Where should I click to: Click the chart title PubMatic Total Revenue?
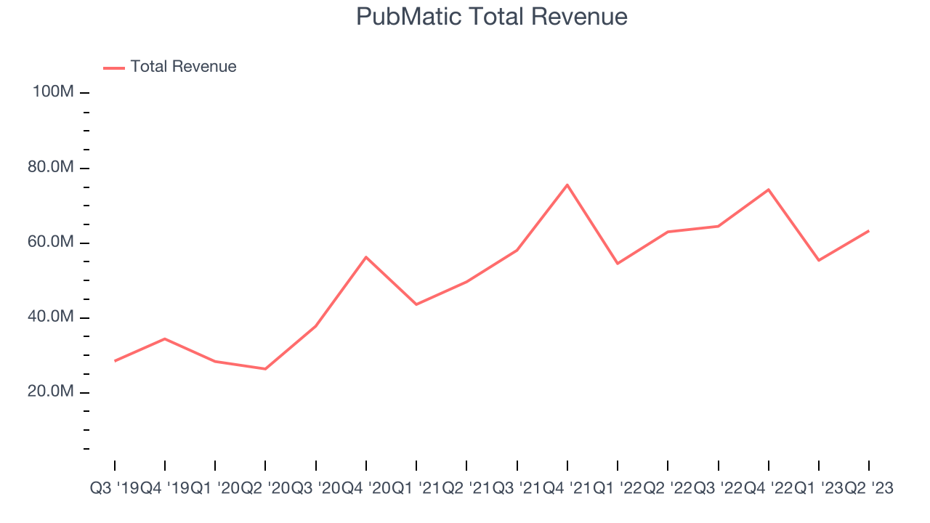(491, 17)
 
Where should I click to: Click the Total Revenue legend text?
(183, 67)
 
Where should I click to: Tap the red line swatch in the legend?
(114, 68)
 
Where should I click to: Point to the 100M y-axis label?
(52, 92)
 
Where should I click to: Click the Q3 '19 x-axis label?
(115, 489)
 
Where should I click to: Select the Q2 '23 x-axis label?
(869, 489)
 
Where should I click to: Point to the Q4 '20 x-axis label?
(366, 489)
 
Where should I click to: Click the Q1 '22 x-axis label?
(618, 489)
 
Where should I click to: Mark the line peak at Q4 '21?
(567, 185)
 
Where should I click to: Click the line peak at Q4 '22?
(768, 190)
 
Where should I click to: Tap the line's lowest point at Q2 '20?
(265, 369)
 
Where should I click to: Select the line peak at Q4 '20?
(366, 257)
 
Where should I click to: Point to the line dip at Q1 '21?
(416, 304)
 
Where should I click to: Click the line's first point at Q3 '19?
(115, 361)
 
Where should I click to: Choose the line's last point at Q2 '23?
(869, 231)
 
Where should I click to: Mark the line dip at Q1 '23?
(819, 260)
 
